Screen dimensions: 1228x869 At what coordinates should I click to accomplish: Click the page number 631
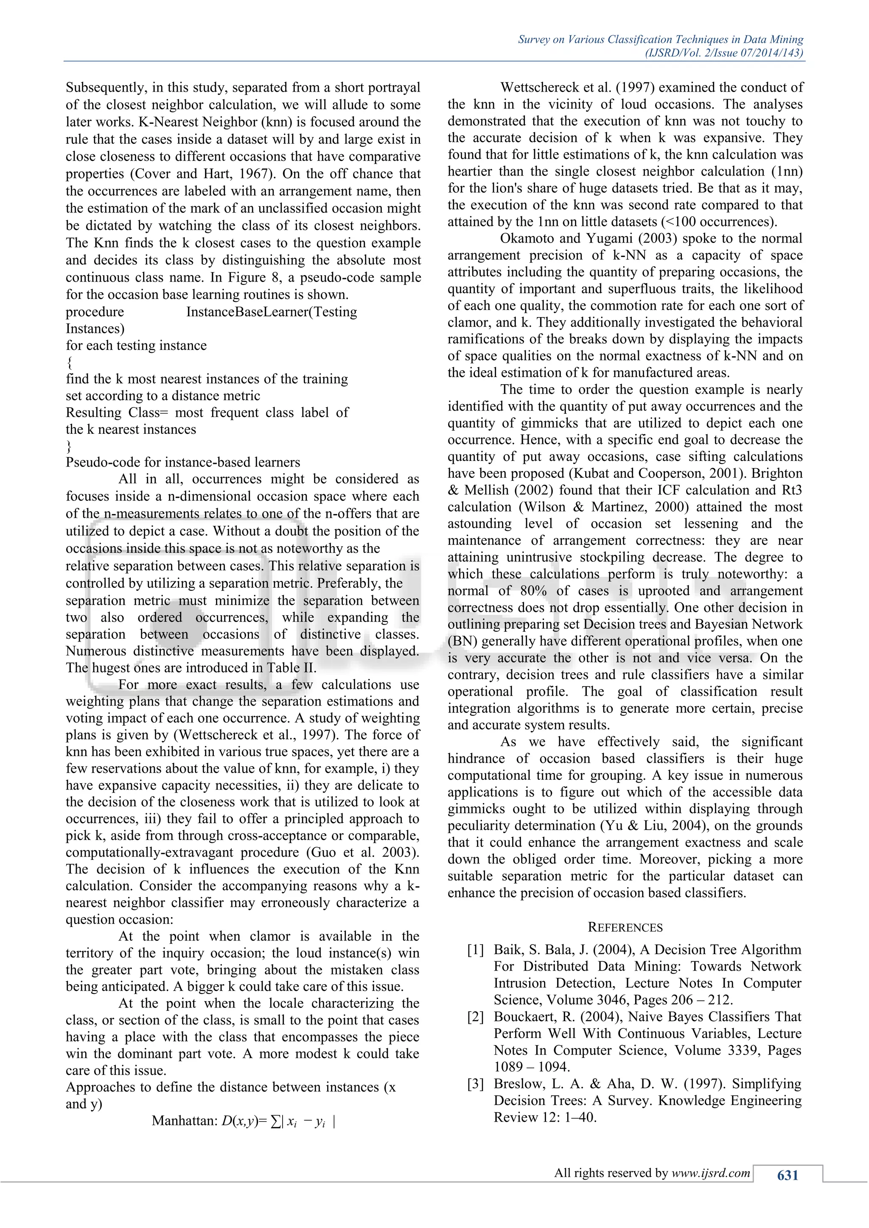pyautogui.click(x=787, y=1175)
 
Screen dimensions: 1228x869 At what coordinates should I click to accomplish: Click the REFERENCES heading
pyautogui.click(x=625, y=927)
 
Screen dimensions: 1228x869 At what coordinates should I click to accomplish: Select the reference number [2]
pyautogui.click(x=475, y=1017)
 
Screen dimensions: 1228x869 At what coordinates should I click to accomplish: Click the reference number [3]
pyautogui.click(x=475, y=1084)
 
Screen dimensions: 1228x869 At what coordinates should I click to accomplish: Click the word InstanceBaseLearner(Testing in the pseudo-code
pyautogui.click(x=271, y=312)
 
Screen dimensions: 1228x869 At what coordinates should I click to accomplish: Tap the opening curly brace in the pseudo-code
pyautogui.click(x=70, y=363)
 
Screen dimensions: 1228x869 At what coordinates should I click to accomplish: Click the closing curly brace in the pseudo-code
pyautogui.click(x=69, y=446)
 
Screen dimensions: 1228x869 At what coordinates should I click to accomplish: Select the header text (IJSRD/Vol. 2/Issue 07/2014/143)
pyautogui.click(x=724, y=53)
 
